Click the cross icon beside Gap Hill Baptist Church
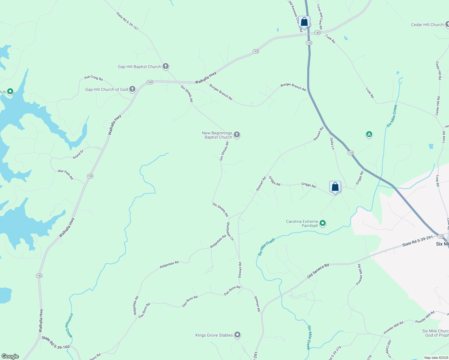tap(166, 66)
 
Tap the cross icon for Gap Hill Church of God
tap(132, 89)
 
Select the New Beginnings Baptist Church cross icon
tap(237, 135)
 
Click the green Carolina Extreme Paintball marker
tap(323, 223)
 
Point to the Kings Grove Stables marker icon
tap(237, 335)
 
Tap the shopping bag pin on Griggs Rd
tap(335, 187)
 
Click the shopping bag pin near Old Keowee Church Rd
tap(304, 22)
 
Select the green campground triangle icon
tap(369, 134)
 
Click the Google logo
tap(10, 356)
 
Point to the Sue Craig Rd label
tap(93, 78)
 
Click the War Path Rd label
tap(65, 174)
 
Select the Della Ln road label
tap(332, 144)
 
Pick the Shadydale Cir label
tap(230, 231)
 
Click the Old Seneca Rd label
tap(318, 271)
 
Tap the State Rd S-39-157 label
tap(127, 21)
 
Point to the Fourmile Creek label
tap(69, 325)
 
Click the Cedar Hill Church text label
tap(427, 25)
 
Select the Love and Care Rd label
tap(320, 17)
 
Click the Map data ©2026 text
tap(436, 358)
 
